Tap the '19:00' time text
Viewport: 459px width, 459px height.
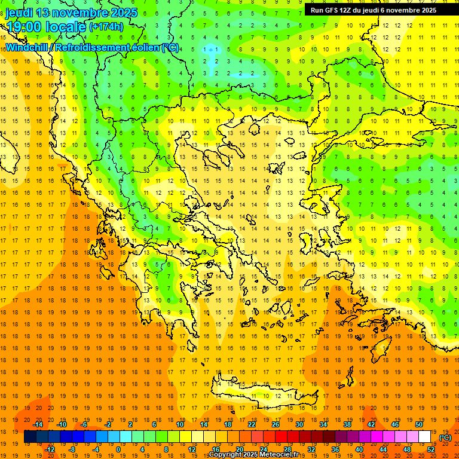pos(24,27)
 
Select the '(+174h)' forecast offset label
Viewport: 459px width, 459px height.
pos(106,26)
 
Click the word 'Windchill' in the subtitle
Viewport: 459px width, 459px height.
pos(28,47)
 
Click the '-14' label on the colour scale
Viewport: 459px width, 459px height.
pos(38,424)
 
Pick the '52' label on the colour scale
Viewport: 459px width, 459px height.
pos(431,449)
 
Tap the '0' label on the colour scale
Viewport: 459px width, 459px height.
pos(118,449)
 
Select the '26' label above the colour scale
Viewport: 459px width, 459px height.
pos(276,424)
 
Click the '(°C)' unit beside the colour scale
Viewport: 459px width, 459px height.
pos(445,437)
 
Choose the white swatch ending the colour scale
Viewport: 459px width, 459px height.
pos(425,437)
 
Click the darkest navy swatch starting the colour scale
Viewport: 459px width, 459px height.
pos(30,437)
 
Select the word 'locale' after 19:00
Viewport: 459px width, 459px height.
pos(66,27)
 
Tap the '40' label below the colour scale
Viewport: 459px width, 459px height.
pos(359,449)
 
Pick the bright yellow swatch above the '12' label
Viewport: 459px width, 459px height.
pos(192,437)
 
